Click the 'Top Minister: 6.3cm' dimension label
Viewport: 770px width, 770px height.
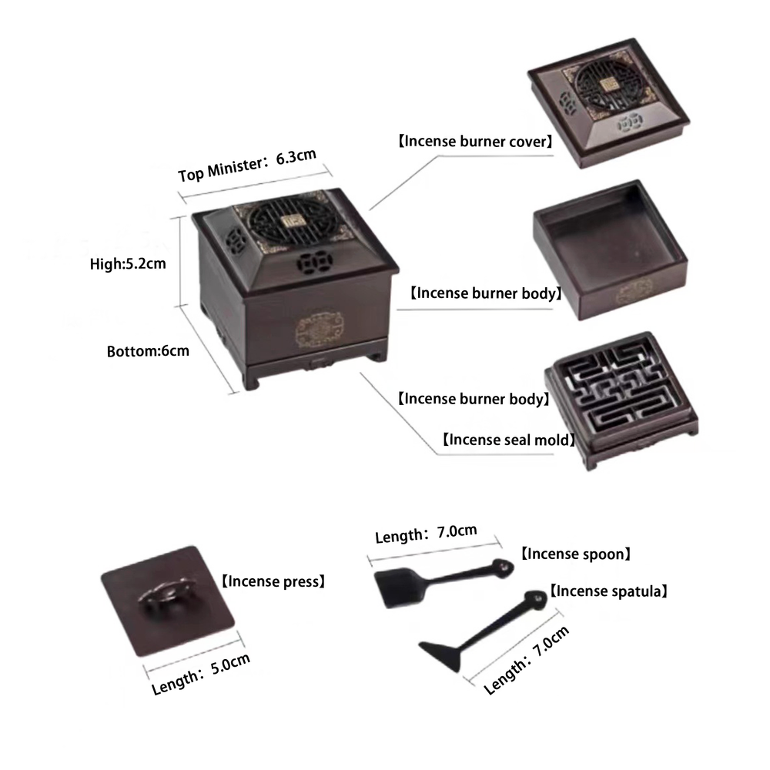[x=247, y=165]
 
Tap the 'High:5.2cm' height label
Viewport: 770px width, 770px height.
[x=128, y=263]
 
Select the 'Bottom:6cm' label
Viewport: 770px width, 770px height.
[x=148, y=351]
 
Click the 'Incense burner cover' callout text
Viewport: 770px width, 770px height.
[x=475, y=142]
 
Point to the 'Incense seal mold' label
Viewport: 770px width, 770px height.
[x=508, y=440]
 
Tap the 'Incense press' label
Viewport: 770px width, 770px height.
[x=273, y=581]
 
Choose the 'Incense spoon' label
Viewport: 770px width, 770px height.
[x=575, y=554]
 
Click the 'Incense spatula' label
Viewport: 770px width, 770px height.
[x=608, y=591]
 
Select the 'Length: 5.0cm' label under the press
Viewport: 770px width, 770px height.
[x=200, y=674]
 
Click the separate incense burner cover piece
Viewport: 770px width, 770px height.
[x=608, y=103]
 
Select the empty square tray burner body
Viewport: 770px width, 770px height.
[x=611, y=249]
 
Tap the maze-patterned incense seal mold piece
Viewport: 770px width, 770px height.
[x=621, y=399]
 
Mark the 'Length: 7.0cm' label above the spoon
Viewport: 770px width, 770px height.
[x=426, y=534]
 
